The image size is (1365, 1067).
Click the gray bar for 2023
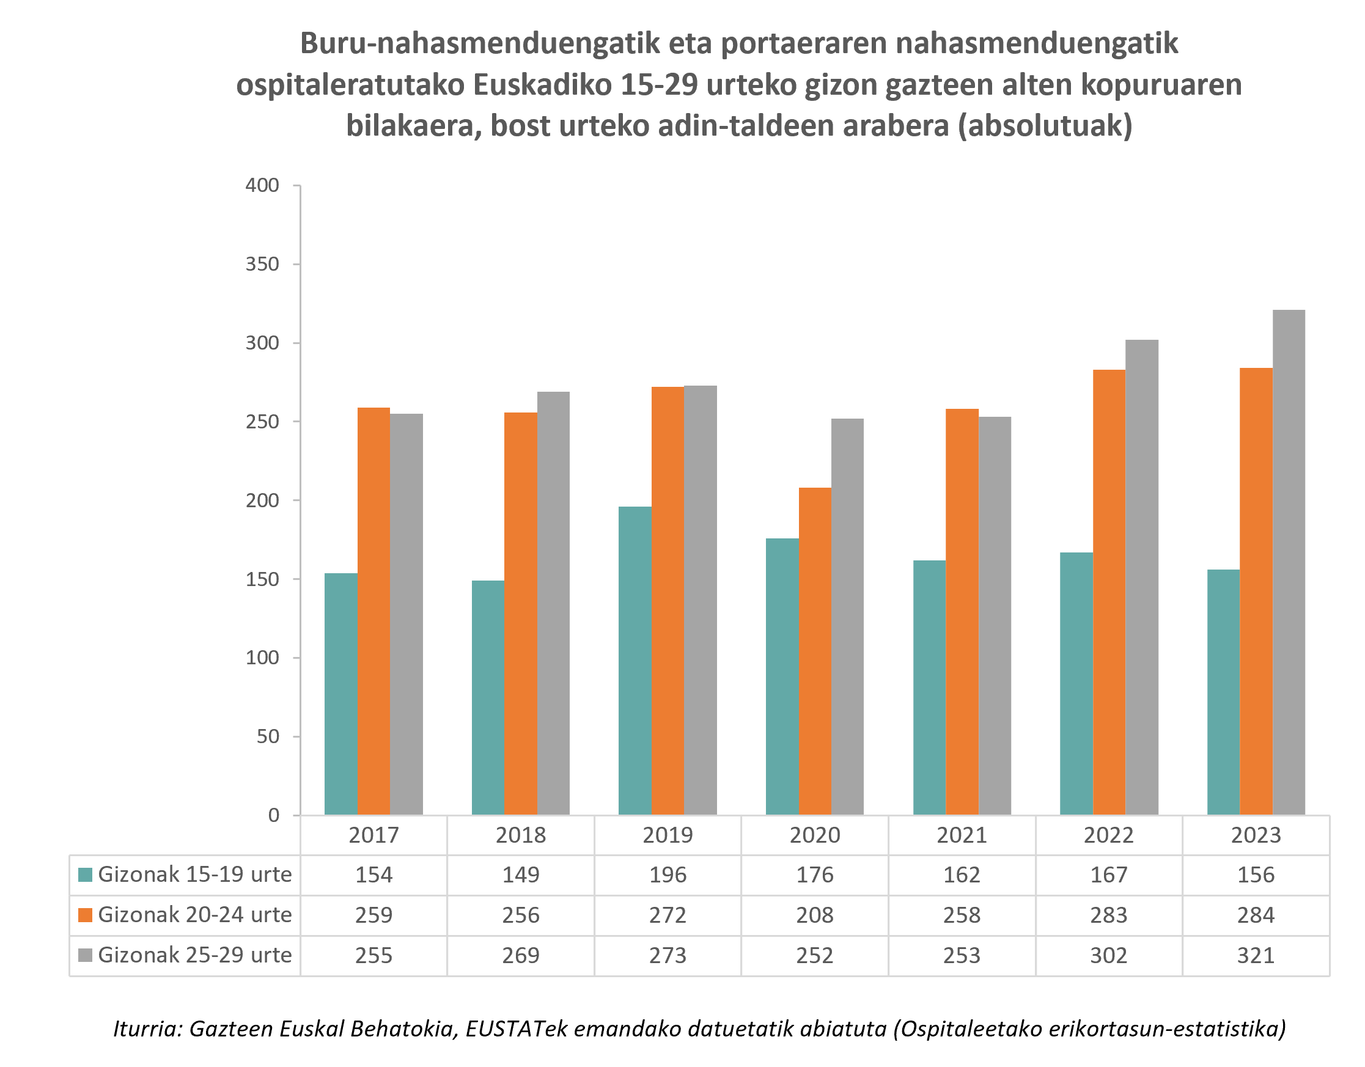(1288, 562)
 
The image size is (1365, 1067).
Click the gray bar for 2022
(1141, 577)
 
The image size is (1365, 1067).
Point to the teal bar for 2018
(488, 697)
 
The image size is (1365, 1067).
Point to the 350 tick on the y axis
(262, 264)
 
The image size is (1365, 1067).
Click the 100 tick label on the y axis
(262, 658)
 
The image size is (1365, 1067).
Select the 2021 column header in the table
(962, 835)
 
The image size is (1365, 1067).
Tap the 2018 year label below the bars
(520, 835)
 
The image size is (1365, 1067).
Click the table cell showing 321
(1255, 955)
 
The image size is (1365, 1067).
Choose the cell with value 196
(668, 875)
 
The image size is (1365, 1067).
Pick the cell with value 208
(814, 915)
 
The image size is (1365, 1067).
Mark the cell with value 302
(1108, 955)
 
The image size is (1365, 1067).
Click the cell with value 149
(520, 875)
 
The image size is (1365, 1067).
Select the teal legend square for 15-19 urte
(85, 875)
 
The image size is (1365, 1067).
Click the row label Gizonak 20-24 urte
(194, 915)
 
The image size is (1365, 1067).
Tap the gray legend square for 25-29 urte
(85, 955)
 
